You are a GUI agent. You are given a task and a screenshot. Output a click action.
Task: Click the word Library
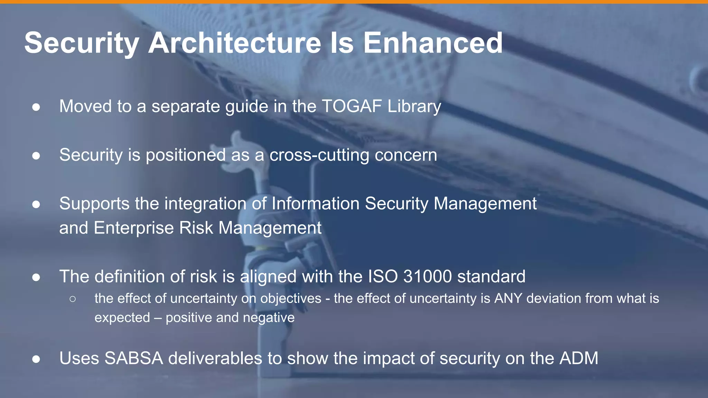click(x=414, y=107)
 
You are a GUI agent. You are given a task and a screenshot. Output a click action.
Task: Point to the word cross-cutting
click(x=319, y=155)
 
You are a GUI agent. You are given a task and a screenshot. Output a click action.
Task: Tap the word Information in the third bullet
click(x=315, y=203)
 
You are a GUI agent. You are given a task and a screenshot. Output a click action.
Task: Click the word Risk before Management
click(x=196, y=228)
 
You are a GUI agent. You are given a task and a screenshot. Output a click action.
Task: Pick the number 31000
click(x=427, y=277)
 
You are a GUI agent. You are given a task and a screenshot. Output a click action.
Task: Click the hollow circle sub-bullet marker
click(x=73, y=299)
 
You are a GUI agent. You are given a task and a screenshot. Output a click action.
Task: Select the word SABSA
click(x=133, y=358)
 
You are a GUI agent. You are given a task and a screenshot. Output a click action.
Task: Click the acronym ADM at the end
click(x=579, y=358)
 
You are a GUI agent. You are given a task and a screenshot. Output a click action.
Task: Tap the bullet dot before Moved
click(x=36, y=107)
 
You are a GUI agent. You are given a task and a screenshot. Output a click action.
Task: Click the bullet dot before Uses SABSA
click(x=36, y=359)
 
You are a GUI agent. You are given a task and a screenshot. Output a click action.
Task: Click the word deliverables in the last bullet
click(x=215, y=358)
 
